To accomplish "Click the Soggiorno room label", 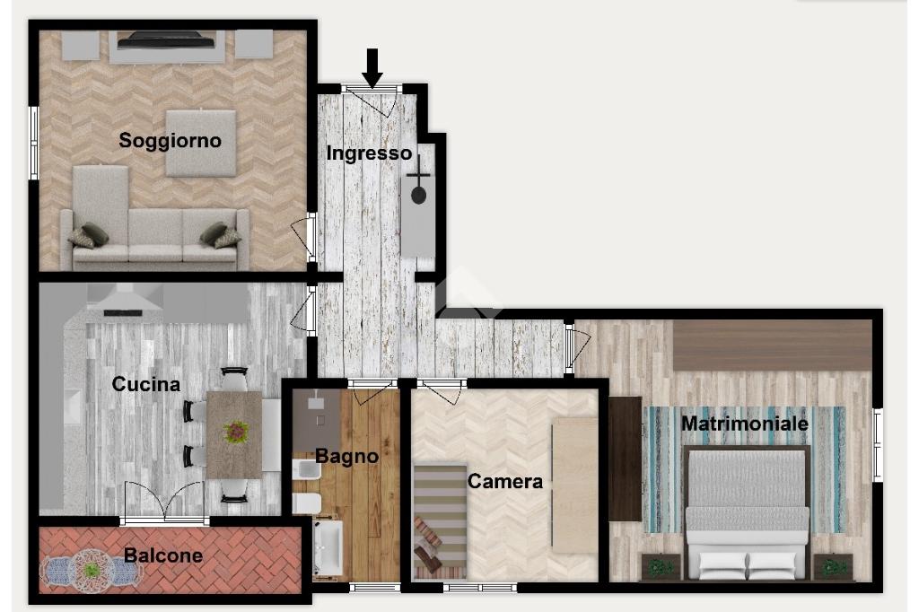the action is [170, 141].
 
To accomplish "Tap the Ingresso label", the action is [369, 153].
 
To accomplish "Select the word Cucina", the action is [146, 384].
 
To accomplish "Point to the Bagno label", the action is [347, 456].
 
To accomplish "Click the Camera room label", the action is [505, 481].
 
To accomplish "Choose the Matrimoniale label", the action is [745, 424].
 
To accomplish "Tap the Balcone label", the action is [163, 555].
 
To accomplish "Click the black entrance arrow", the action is [372, 68].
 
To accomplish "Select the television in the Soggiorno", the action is [167, 40].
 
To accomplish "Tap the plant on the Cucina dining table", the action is [236, 433].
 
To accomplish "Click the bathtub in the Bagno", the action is [328, 547].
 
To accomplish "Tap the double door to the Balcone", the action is [165, 502].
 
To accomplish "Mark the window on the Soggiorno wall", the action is [34, 143].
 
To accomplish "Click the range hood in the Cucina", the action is [124, 300].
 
